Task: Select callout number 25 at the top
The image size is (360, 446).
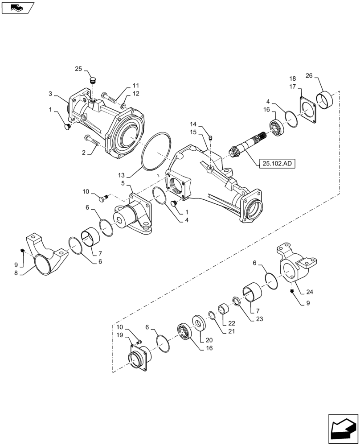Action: pos(78,69)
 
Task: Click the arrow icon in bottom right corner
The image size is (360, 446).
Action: pos(343,428)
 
